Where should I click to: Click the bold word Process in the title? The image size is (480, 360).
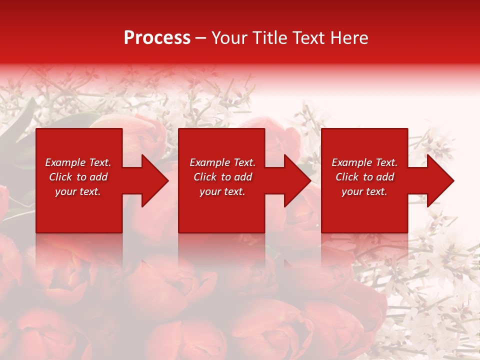(157, 38)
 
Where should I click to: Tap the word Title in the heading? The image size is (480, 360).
(270, 38)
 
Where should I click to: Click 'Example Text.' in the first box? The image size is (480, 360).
(78, 162)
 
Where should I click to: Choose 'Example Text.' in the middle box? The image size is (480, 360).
(222, 162)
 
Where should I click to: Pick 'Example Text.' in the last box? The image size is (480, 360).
(364, 162)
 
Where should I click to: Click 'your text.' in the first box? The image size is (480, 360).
(78, 191)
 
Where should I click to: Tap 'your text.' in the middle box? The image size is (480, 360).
(222, 191)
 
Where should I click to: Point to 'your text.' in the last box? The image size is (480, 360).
(364, 191)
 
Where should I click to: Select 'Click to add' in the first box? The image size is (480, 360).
(78, 177)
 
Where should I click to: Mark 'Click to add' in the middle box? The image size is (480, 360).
(222, 177)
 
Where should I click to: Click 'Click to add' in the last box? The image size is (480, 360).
(364, 177)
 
